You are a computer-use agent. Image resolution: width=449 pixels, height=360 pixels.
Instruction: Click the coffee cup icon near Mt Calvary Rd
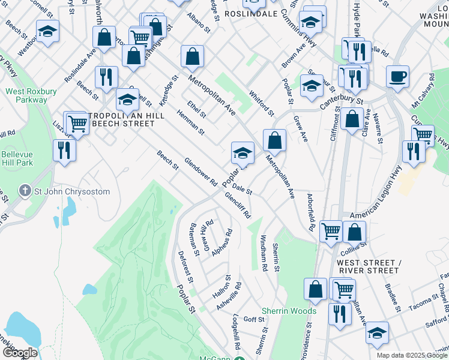[x=397, y=77]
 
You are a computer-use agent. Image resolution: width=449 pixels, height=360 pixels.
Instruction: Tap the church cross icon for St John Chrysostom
[x=25, y=191]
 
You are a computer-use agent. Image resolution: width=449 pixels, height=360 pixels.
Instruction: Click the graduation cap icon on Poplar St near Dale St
[x=242, y=152]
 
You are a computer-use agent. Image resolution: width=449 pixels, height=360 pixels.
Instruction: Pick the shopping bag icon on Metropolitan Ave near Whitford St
[x=274, y=140]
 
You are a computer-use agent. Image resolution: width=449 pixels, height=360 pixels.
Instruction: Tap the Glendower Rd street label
[x=200, y=172]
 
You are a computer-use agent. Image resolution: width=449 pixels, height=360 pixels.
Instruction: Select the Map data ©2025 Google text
[x=412, y=355]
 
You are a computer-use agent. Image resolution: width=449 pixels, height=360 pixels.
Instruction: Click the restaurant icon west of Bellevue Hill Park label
[x=64, y=150]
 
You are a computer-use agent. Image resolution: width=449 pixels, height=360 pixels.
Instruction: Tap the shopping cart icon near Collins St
[x=331, y=231]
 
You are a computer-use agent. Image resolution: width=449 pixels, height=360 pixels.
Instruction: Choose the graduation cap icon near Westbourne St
[x=47, y=31]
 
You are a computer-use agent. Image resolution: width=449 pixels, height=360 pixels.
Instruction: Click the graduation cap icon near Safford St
[x=377, y=333]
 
